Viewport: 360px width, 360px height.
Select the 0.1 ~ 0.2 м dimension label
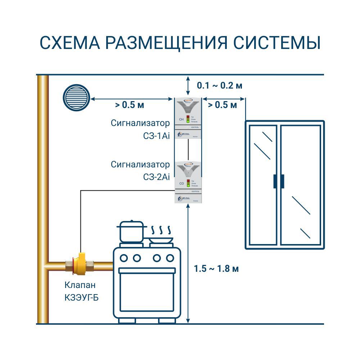pyautogui.click(x=220, y=86)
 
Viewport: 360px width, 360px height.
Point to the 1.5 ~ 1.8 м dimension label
pyautogui.click(x=216, y=269)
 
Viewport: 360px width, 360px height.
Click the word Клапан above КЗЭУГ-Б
pyautogui.click(x=80, y=285)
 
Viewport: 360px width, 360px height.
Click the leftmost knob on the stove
pyautogui.click(x=124, y=258)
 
